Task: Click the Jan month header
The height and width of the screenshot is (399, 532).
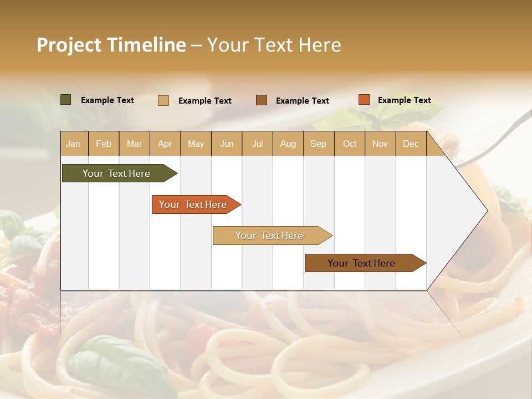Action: point(73,144)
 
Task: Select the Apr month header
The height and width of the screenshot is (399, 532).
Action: point(165,144)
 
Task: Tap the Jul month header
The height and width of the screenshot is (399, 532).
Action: point(257,144)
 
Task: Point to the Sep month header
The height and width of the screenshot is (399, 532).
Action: point(318,144)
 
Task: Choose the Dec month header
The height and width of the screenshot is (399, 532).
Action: point(411,144)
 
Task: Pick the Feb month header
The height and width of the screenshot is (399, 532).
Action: point(104,144)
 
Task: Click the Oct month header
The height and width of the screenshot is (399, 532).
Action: point(350,144)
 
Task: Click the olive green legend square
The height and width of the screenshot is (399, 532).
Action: point(65,100)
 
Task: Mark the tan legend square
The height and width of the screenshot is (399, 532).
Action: point(163,100)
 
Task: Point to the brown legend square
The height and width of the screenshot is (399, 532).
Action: point(262,100)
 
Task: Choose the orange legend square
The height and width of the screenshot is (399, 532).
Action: point(364,100)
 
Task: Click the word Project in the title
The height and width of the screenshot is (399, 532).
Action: point(69,45)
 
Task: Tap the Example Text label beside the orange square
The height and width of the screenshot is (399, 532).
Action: point(404,100)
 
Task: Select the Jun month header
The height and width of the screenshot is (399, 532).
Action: point(227,144)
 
